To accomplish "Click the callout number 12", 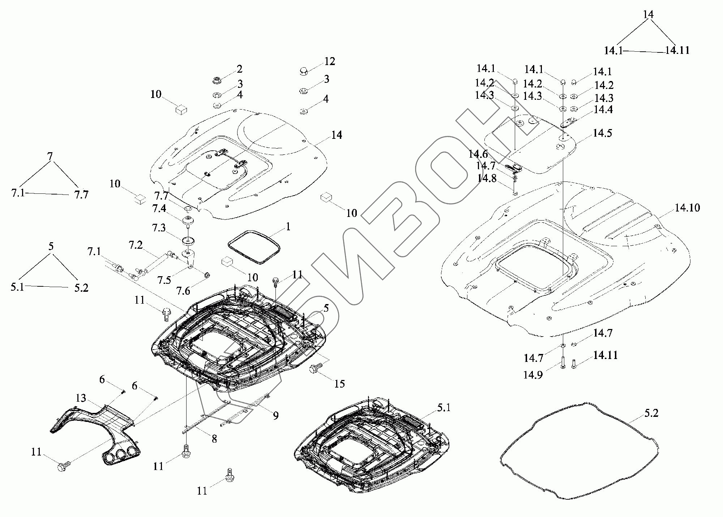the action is point(329,61).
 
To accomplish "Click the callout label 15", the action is point(339,383).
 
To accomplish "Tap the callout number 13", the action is point(81,398).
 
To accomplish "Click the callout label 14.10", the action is point(687,208).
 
